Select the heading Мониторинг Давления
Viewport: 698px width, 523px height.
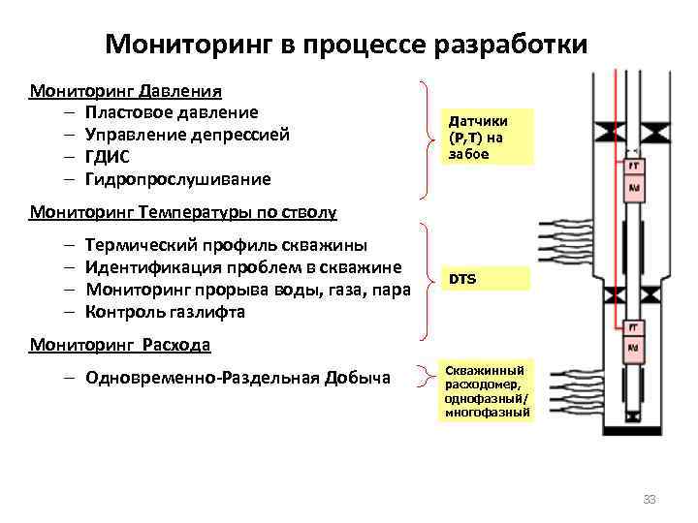(x=127, y=92)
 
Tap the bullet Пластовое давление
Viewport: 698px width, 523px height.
(x=172, y=113)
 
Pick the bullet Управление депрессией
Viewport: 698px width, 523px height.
(x=187, y=135)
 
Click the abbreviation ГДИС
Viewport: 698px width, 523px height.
(x=108, y=157)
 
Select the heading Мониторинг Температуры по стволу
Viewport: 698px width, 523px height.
(x=183, y=211)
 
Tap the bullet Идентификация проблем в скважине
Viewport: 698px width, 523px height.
(x=243, y=267)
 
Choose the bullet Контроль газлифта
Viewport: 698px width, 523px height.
(x=165, y=312)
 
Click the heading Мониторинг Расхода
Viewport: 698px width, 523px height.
(x=120, y=344)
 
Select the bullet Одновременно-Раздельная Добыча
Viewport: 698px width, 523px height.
(x=238, y=378)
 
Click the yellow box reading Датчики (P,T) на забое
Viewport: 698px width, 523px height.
(x=487, y=136)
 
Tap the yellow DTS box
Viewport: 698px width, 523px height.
(x=487, y=279)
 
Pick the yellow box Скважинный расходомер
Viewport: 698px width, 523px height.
(x=487, y=391)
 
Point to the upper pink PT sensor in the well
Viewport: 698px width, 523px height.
(x=635, y=167)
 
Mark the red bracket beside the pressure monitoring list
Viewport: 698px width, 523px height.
(x=427, y=136)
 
